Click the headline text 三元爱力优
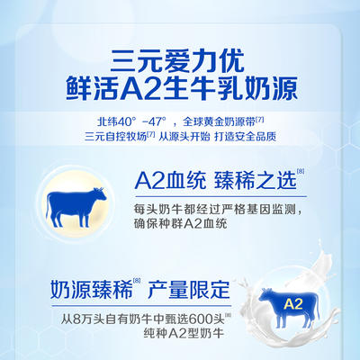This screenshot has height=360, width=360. pyautogui.click(x=177, y=61)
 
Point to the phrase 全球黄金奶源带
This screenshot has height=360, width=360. pyautogui.click(x=219, y=122)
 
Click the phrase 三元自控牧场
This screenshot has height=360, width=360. pyautogui.click(x=116, y=137)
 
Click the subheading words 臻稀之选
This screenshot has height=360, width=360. pyautogui.click(x=256, y=181)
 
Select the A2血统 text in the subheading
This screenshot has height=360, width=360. pyautogui.click(x=170, y=181)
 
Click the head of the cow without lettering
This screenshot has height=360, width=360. pyautogui.click(x=100, y=194)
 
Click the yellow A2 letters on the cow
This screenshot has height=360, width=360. pyautogui.click(x=293, y=304)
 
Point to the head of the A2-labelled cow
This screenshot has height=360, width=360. pyautogui.click(x=265, y=295)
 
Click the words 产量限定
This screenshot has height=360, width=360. pyautogui.click(x=189, y=290)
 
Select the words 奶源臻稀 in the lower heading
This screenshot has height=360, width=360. pyautogui.click(x=91, y=290)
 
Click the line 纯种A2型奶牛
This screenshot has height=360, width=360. pyautogui.click(x=184, y=333)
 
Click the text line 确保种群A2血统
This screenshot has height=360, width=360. pyautogui.click(x=181, y=224)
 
